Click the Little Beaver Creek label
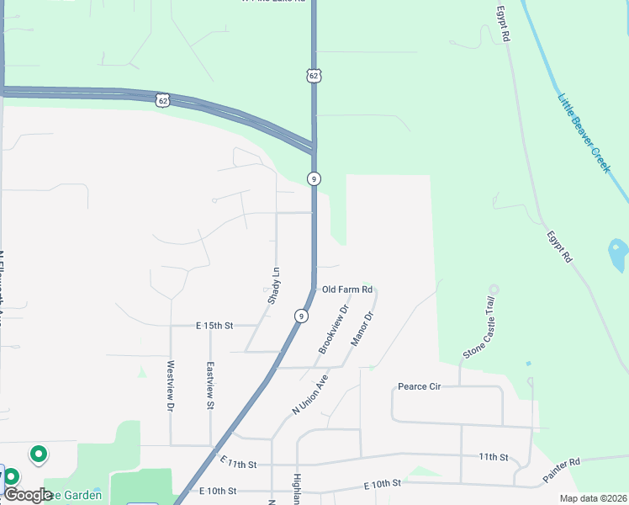[x=584, y=133]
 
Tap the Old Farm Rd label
[x=346, y=290]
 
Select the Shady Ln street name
[x=274, y=284]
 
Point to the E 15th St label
[x=214, y=325]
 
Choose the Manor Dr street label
[x=362, y=328]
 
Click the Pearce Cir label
[x=420, y=387]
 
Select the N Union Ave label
[x=309, y=394]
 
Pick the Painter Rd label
[x=562, y=470]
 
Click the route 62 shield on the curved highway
[x=161, y=100]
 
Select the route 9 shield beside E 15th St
[x=300, y=316]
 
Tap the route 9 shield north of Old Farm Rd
[x=313, y=178]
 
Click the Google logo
[x=28, y=495]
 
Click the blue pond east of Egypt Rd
[x=617, y=256]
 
